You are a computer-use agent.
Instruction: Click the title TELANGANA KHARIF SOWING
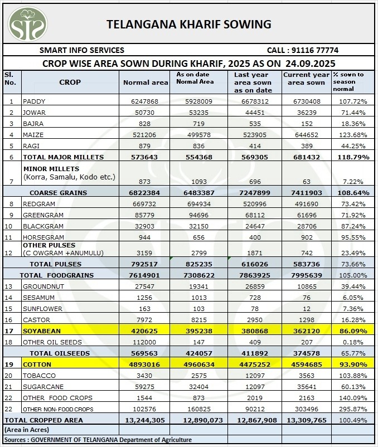coord(188,24)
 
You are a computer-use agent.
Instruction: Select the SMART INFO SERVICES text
coord(81,50)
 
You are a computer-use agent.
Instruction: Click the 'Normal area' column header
coord(146,82)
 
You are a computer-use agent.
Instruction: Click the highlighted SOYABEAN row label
coord(42,331)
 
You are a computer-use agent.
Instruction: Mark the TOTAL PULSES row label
coord(55,264)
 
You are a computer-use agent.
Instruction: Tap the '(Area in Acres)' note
coord(26,430)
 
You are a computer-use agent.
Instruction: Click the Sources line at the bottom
coord(98,440)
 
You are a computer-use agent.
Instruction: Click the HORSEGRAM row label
coord(43,237)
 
